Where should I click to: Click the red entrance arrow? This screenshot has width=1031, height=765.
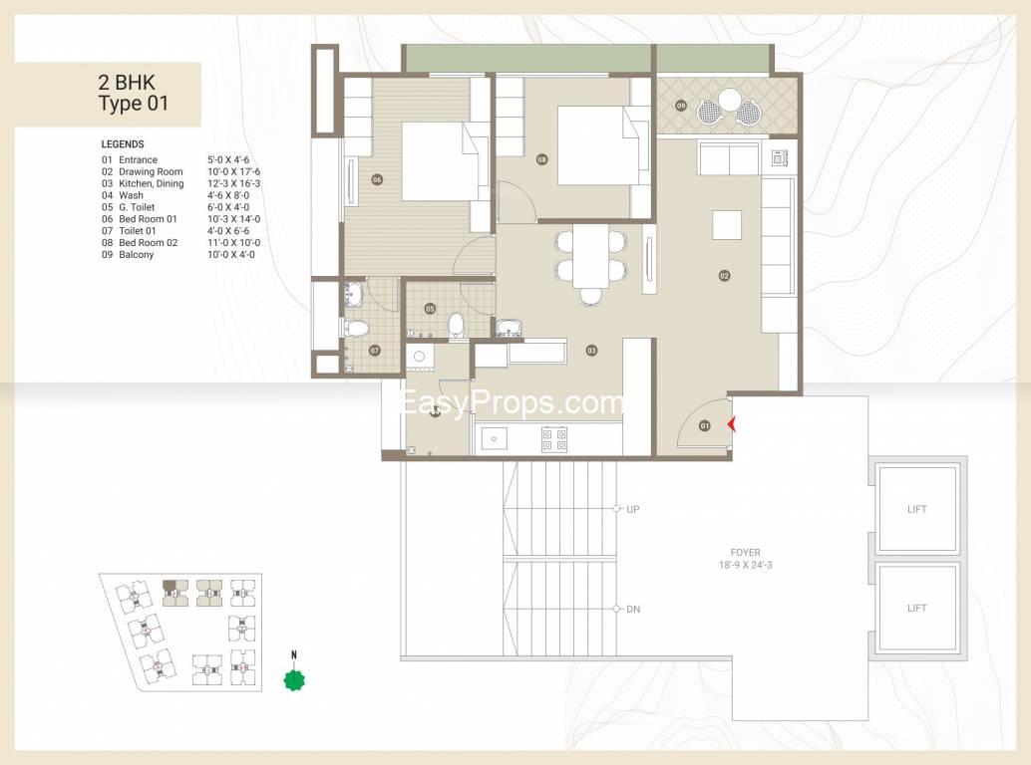pyautogui.click(x=731, y=425)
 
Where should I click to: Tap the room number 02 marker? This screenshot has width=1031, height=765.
pyautogui.click(x=724, y=276)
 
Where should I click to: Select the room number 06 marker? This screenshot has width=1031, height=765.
pyautogui.click(x=377, y=179)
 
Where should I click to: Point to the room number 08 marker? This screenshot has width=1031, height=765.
pyautogui.click(x=541, y=159)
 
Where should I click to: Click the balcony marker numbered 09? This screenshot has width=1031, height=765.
pyautogui.click(x=681, y=105)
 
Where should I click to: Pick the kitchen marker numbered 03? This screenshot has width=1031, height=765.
pyautogui.click(x=591, y=351)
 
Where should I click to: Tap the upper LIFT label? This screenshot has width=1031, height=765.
pyautogui.click(x=916, y=509)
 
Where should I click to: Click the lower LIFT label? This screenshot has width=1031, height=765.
pyautogui.click(x=916, y=608)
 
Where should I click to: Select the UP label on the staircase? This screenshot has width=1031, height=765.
pyautogui.click(x=632, y=509)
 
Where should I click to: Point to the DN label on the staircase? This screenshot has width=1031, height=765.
pyautogui.click(x=633, y=610)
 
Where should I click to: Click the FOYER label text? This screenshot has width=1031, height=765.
pyautogui.click(x=745, y=552)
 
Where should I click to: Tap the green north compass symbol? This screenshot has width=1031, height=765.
pyautogui.click(x=294, y=679)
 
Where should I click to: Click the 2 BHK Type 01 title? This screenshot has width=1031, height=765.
pyautogui.click(x=133, y=93)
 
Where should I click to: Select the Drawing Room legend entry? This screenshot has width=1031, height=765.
pyautogui.click(x=151, y=171)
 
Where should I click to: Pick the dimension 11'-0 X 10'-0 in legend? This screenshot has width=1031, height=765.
pyautogui.click(x=233, y=242)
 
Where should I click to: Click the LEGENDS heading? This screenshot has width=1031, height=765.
pyautogui.click(x=123, y=143)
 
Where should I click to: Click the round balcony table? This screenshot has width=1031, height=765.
pyautogui.click(x=729, y=101)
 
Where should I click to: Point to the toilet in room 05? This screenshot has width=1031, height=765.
pyautogui.click(x=456, y=326)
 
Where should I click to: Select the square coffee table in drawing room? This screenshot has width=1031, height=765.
pyautogui.click(x=727, y=225)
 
